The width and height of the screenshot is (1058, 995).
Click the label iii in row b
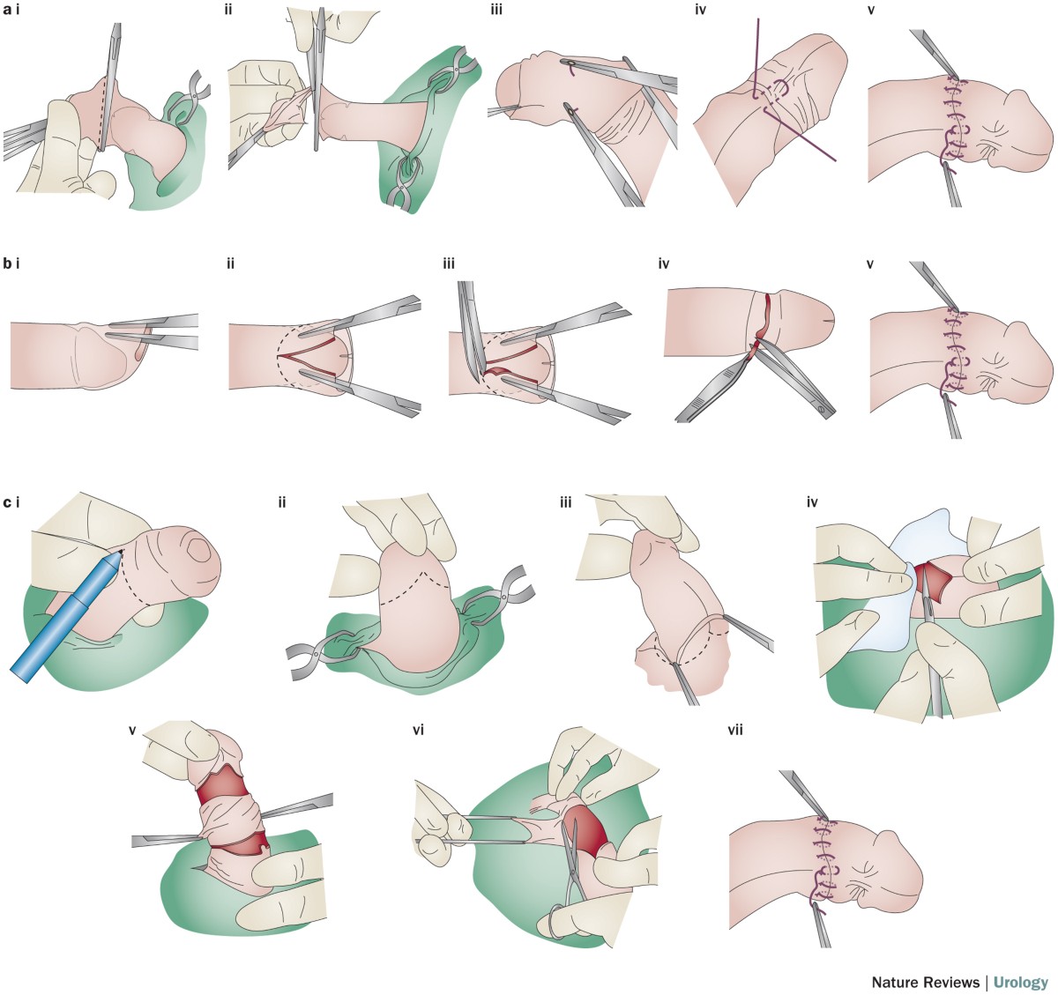[450, 262]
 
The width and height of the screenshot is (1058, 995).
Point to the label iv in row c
[812, 503]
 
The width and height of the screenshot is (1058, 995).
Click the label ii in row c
[283, 503]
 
